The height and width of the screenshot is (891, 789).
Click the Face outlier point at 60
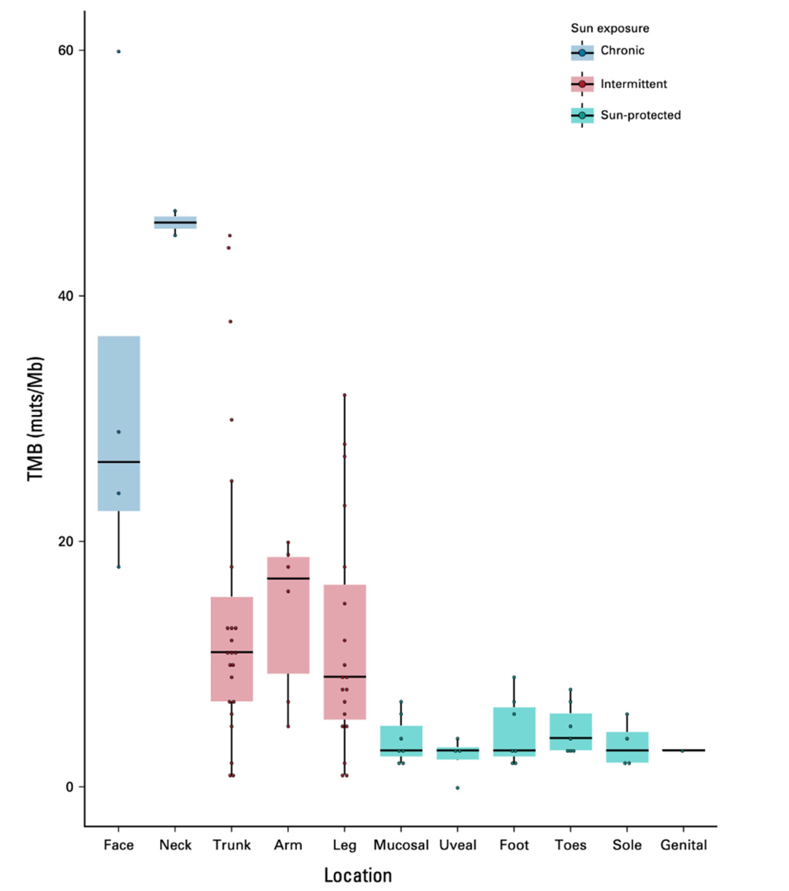[x=119, y=52]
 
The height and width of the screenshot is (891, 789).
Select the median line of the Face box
[x=119, y=462]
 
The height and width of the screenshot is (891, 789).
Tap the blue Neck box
[x=175, y=222]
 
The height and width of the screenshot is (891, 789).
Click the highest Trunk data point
[x=230, y=236]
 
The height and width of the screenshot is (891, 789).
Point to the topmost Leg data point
[x=344, y=395]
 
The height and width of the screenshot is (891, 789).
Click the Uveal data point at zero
[x=457, y=788]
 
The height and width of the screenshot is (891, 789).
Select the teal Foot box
[x=514, y=737]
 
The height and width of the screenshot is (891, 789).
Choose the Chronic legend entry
[x=622, y=51]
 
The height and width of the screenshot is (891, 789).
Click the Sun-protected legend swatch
[x=582, y=115]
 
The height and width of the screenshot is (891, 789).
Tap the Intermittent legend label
[x=633, y=84]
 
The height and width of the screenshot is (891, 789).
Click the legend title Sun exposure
[x=609, y=28]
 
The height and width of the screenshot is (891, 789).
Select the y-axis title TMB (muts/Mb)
[x=36, y=419]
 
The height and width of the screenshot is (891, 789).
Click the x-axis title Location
[x=358, y=875]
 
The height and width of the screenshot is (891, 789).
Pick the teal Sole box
[x=627, y=747]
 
